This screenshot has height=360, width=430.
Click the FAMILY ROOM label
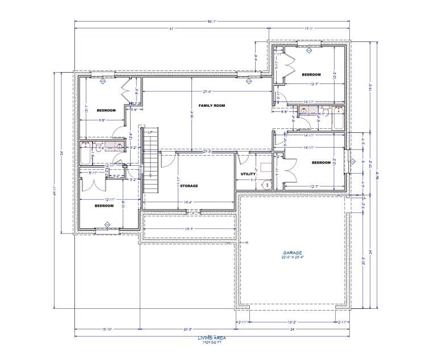click(x=212, y=106)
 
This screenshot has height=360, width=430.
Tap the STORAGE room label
click(x=189, y=186)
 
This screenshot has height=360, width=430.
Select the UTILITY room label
click(x=248, y=174)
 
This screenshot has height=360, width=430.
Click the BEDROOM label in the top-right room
click(x=311, y=75)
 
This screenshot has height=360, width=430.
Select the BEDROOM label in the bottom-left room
click(x=104, y=206)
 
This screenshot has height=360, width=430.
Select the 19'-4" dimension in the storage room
click(x=188, y=202)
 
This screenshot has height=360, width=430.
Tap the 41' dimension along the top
click(x=170, y=28)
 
